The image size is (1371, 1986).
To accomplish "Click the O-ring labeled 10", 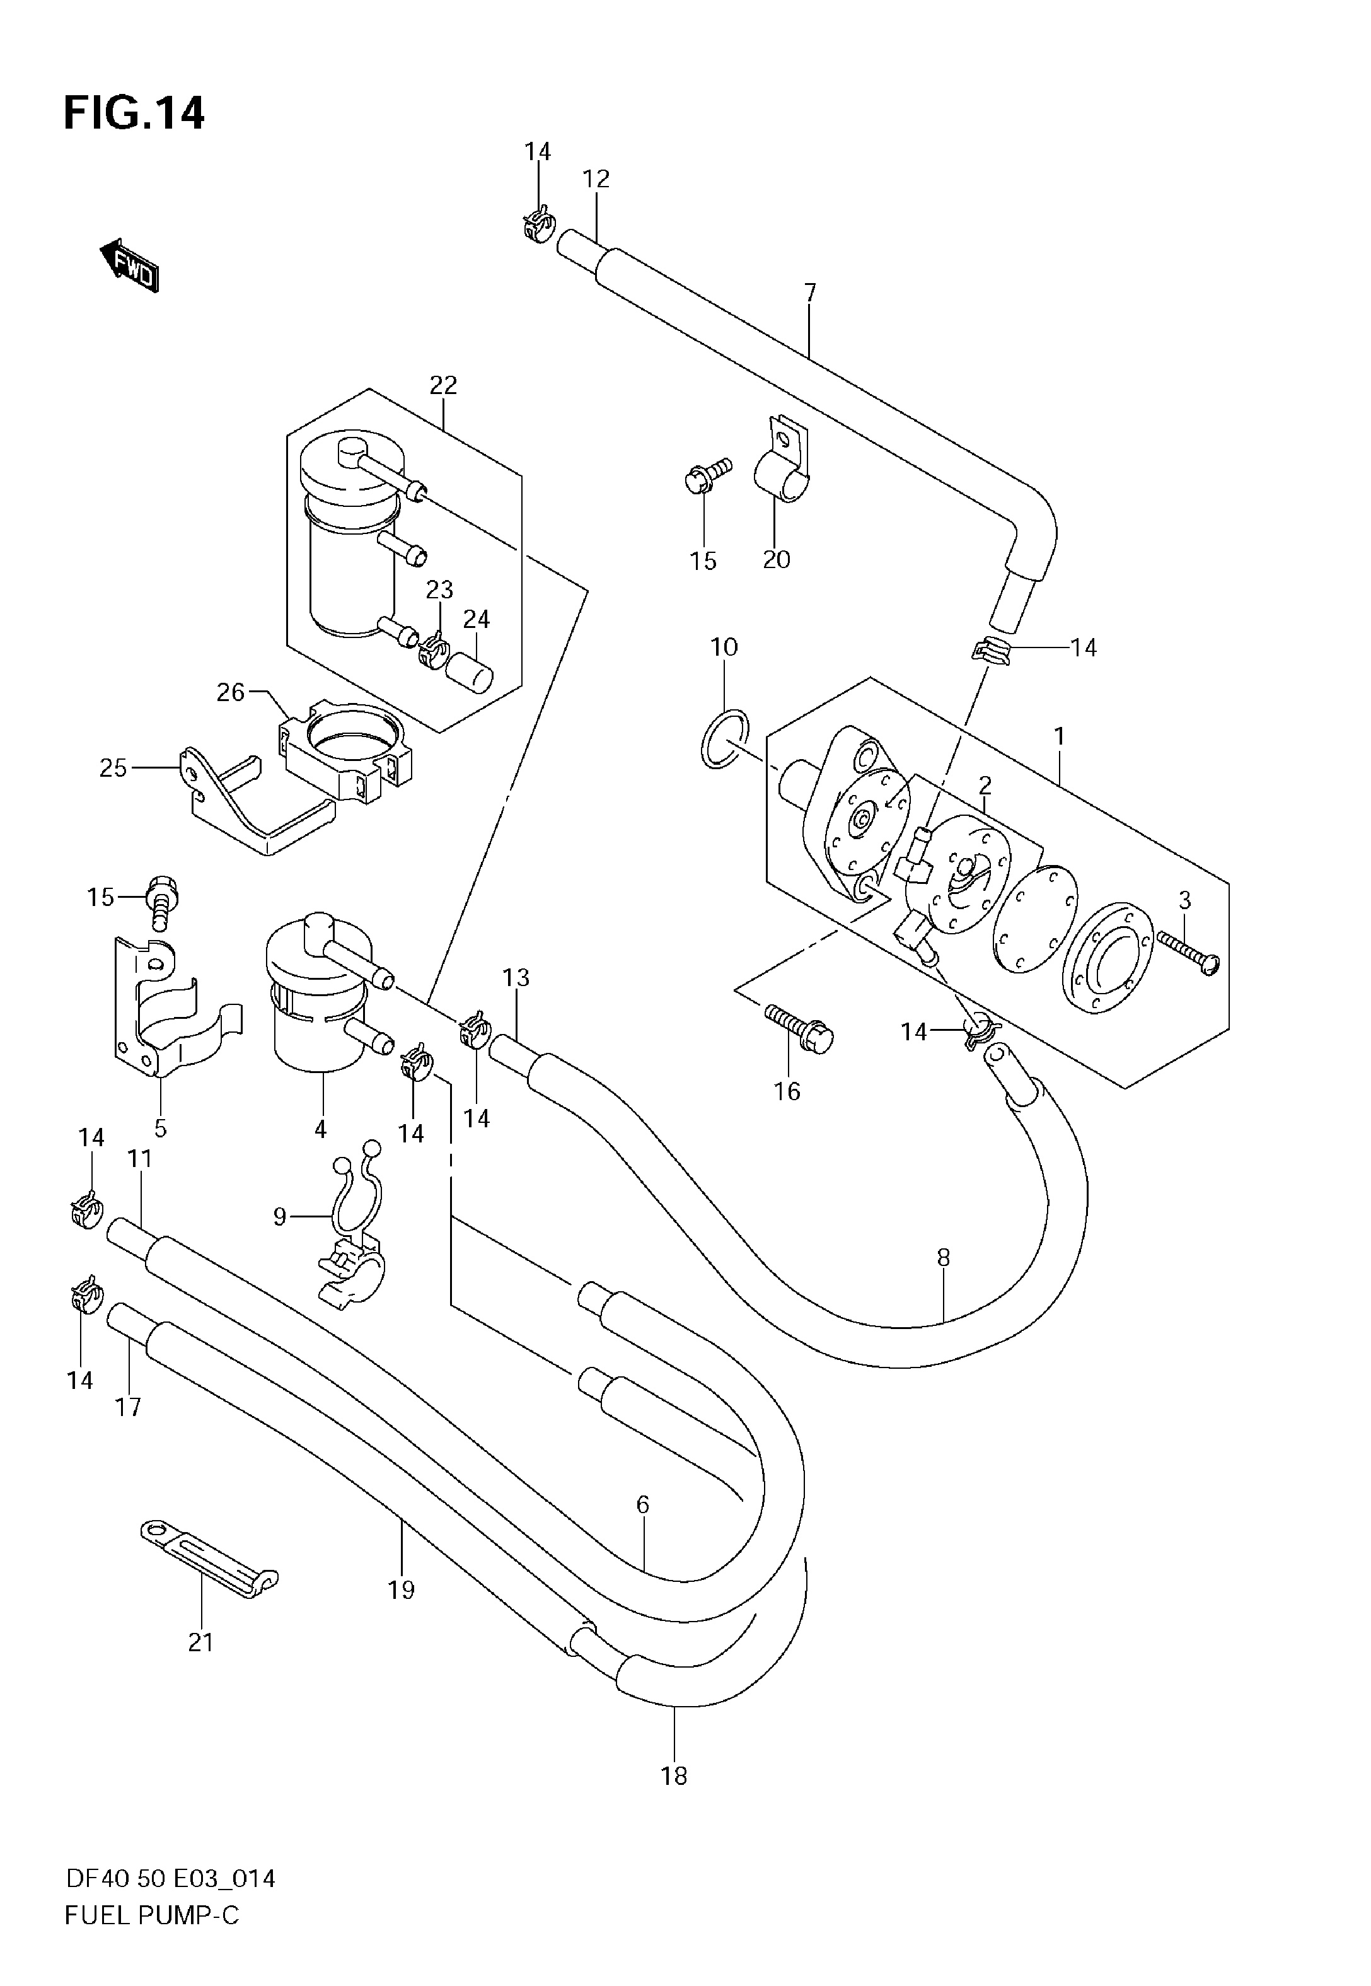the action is click(x=725, y=739).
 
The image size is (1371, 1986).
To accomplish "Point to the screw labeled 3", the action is click(x=1188, y=953).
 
